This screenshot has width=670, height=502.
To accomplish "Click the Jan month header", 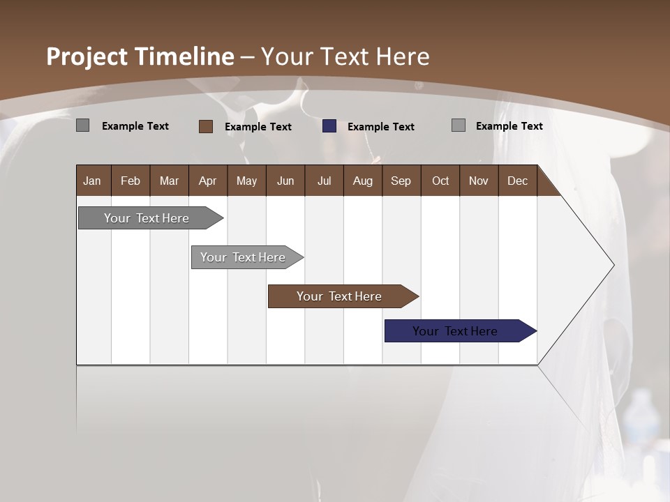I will pyautogui.click(x=92, y=181).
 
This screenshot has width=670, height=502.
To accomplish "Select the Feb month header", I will pyautogui.click(x=131, y=181).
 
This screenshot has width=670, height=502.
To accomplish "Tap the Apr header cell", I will pyautogui.click(x=207, y=181).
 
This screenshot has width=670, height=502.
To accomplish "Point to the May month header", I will pyautogui.click(x=246, y=181).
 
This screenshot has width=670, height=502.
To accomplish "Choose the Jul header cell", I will pyautogui.click(x=324, y=181).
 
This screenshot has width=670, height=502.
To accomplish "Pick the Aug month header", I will pyautogui.click(x=362, y=181).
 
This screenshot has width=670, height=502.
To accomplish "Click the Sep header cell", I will pyautogui.click(x=401, y=181).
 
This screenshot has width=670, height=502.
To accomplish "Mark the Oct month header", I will pyautogui.click(x=440, y=181).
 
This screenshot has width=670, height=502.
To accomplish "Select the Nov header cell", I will pyautogui.click(x=478, y=181).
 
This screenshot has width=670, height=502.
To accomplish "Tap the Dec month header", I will pyautogui.click(x=517, y=181).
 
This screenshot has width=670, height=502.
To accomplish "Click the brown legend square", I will pyautogui.click(x=206, y=126).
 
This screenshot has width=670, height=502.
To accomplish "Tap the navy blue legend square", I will pyautogui.click(x=329, y=126).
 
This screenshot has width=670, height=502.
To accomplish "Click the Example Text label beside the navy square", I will pyautogui.click(x=380, y=127).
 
